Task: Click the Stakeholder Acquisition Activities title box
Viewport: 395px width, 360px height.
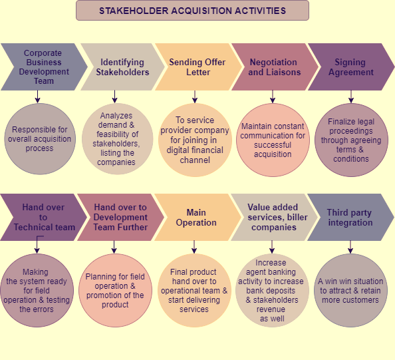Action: tap(192, 11)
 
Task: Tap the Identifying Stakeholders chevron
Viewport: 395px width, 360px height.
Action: tap(122, 67)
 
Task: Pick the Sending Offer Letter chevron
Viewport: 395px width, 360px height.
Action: tap(198, 67)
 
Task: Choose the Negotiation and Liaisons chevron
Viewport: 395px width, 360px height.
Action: tap(275, 67)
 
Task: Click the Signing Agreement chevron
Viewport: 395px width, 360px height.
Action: tap(351, 67)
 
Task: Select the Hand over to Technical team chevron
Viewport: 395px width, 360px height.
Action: tap(44, 218)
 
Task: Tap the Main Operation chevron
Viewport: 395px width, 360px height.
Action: tap(197, 218)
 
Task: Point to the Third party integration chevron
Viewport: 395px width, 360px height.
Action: tap(350, 218)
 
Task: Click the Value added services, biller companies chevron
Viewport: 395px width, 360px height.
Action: tap(274, 218)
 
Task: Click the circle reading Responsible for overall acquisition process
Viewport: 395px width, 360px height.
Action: tap(40, 139)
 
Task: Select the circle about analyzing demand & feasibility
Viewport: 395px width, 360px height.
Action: tap(117, 139)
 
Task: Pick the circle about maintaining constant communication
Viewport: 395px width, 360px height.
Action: tap(273, 140)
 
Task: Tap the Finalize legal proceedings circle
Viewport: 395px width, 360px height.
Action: tap(351, 140)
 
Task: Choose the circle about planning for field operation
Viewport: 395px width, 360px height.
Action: tap(115, 290)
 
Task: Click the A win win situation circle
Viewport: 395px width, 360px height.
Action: tap(350, 290)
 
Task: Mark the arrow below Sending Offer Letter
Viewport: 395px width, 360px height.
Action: tap(195, 96)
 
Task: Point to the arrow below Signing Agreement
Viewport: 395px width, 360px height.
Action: tap(351, 96)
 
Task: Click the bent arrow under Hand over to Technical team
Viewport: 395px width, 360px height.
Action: tap(37, 244)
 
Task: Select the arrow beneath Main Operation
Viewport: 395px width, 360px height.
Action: tap(194, 247)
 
